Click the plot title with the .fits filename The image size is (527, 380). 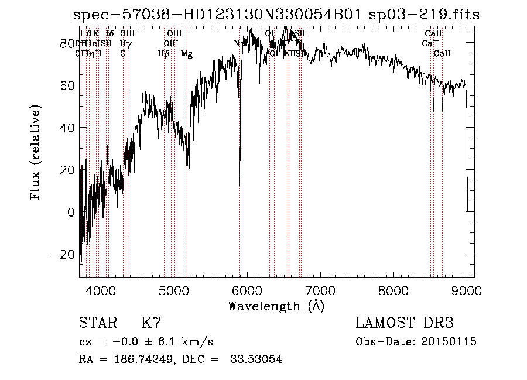click(275, 15)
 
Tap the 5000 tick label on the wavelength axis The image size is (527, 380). click(173, 290)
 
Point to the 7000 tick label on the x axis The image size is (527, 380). click(320, 290)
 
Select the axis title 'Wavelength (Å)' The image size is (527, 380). click(276, 306)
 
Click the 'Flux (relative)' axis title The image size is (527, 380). click(36, 153)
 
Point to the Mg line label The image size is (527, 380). click(186, 54)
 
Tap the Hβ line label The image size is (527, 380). click(164, 54)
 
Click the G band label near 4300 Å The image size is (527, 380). click(123, 54)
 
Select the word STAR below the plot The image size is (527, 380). click(97, 323)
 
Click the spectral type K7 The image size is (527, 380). click(151, 323)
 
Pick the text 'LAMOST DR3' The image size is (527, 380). click(405, 323)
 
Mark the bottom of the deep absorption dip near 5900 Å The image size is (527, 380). click(239, 186)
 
